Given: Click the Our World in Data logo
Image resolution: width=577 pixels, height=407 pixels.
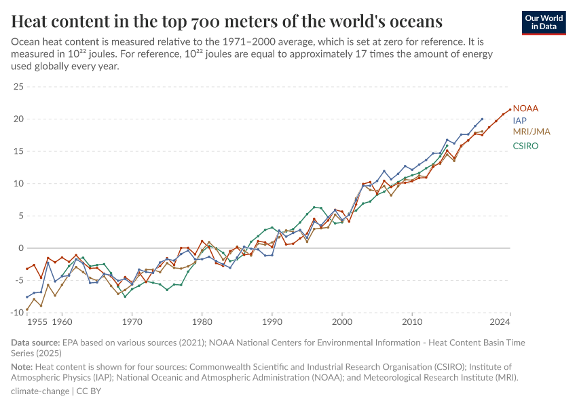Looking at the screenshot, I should (x=544, y=22).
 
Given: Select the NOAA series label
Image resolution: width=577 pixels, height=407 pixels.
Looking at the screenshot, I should (x=525, y=109).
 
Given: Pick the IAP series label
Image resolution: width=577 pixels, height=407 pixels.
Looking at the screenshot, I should (x=520, y=121).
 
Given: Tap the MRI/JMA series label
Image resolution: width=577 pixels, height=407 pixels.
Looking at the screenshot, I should (x=532, y=132).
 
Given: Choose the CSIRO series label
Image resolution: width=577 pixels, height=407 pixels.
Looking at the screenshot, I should (x=526, y=145).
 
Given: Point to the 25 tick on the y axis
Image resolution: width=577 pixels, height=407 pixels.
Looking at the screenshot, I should (x=18, y=87).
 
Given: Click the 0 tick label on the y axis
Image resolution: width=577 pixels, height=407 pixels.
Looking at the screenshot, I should (x=20, y=248).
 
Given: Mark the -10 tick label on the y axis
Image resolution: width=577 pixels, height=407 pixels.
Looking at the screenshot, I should (x=16, y=313).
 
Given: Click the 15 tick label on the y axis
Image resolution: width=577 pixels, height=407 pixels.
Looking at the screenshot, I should (x=18, y=151).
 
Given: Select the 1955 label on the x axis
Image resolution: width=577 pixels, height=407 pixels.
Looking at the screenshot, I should (x=37, y=322).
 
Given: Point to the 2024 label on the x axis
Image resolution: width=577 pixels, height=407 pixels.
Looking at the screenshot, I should (x=499, y=322).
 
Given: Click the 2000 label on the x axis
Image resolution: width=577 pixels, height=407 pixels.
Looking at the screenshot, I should (x=342, y=322).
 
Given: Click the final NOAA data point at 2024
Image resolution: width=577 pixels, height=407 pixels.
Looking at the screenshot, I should (x=510, y=109).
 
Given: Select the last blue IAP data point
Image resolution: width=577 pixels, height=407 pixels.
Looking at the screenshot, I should (x=482, y=119).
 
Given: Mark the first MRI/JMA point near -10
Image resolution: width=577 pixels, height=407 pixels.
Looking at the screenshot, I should (x=27, y=310).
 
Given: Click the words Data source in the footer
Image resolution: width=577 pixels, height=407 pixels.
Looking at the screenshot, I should (x=35, y=343).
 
